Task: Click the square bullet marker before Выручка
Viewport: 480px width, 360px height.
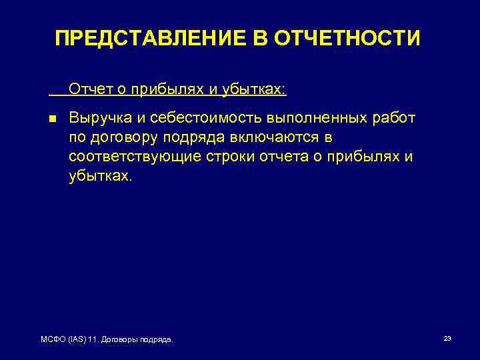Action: point(53,119)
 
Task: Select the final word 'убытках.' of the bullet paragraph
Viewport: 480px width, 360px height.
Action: point(101,176)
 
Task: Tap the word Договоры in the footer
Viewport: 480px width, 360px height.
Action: point(126,340)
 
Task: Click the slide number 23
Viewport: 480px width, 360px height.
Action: point(447,339)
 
